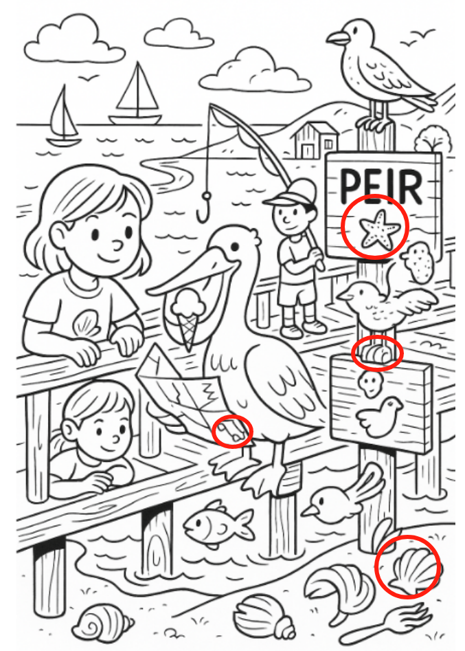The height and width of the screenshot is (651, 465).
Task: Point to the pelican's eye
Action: point(235,247)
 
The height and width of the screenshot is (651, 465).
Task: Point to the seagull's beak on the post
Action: point(337,38)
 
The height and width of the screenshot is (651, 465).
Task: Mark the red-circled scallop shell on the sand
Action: point(410,569)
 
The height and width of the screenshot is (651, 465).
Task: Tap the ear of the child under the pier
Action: point(69,429)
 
